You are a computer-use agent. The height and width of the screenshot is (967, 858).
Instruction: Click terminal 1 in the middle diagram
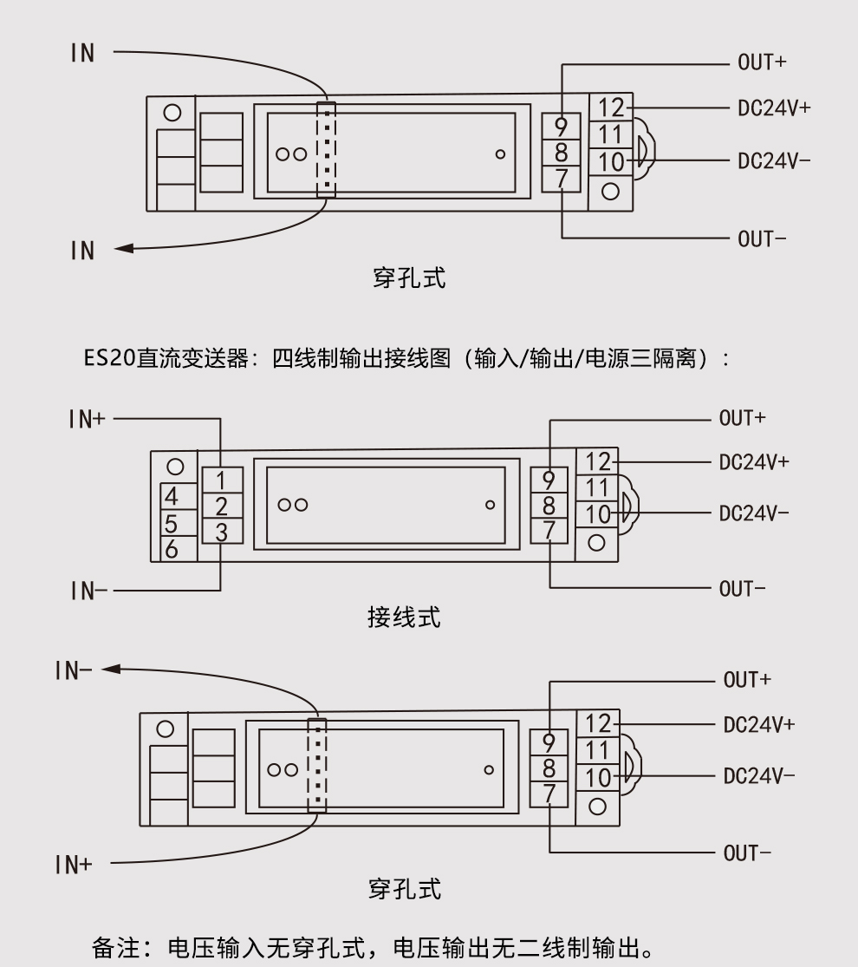pyautogui.click(x=221, y=479)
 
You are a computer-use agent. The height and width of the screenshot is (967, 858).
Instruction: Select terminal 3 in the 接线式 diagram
pyautogui.click(x=221, y=532)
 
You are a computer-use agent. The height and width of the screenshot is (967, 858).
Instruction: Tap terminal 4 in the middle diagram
pyautogui.click(x=172, y=498)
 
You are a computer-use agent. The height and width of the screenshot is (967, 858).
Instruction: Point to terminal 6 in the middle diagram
pyautogui.click(x=172, y=549)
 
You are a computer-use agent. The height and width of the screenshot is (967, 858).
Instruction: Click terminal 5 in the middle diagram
pyautogui.click(x=172, y=524)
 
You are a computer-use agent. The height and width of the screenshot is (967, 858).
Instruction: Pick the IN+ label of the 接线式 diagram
pyautogui.click(x=87, y=419)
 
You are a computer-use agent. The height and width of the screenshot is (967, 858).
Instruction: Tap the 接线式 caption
pyautogui.click(x=404, y=617)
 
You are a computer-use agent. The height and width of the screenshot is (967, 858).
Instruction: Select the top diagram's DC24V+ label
pyautogui.click(x=774, y=109)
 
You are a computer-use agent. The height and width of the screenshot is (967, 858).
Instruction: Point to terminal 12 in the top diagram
pyautogui.click(x=611, y=108)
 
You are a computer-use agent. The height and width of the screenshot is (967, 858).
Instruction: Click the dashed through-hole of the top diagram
pyautogui.click(x=326, y=149)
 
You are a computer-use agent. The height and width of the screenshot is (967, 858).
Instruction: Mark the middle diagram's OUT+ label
pyautogui.click(x=742, y=418)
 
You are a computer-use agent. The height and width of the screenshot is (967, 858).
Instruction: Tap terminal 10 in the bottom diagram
pyautogui.click(x=598, y=777)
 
